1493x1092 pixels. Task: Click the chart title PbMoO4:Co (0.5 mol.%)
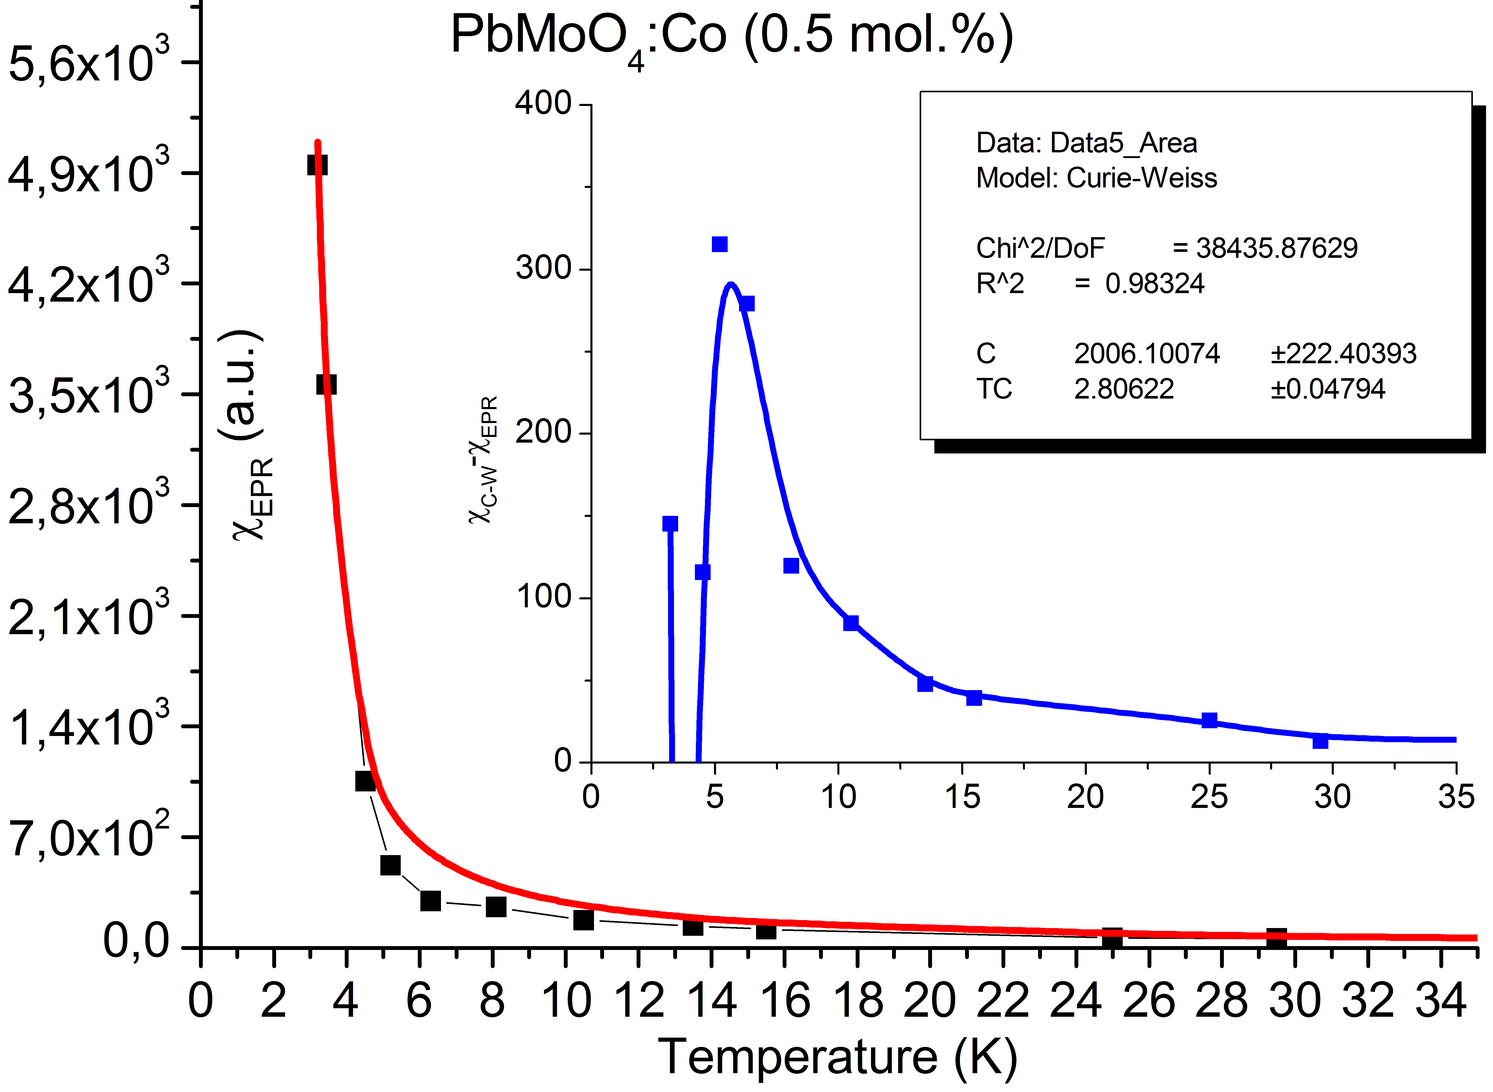click(731, 36)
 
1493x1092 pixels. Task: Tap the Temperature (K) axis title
click(837, 1056)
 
